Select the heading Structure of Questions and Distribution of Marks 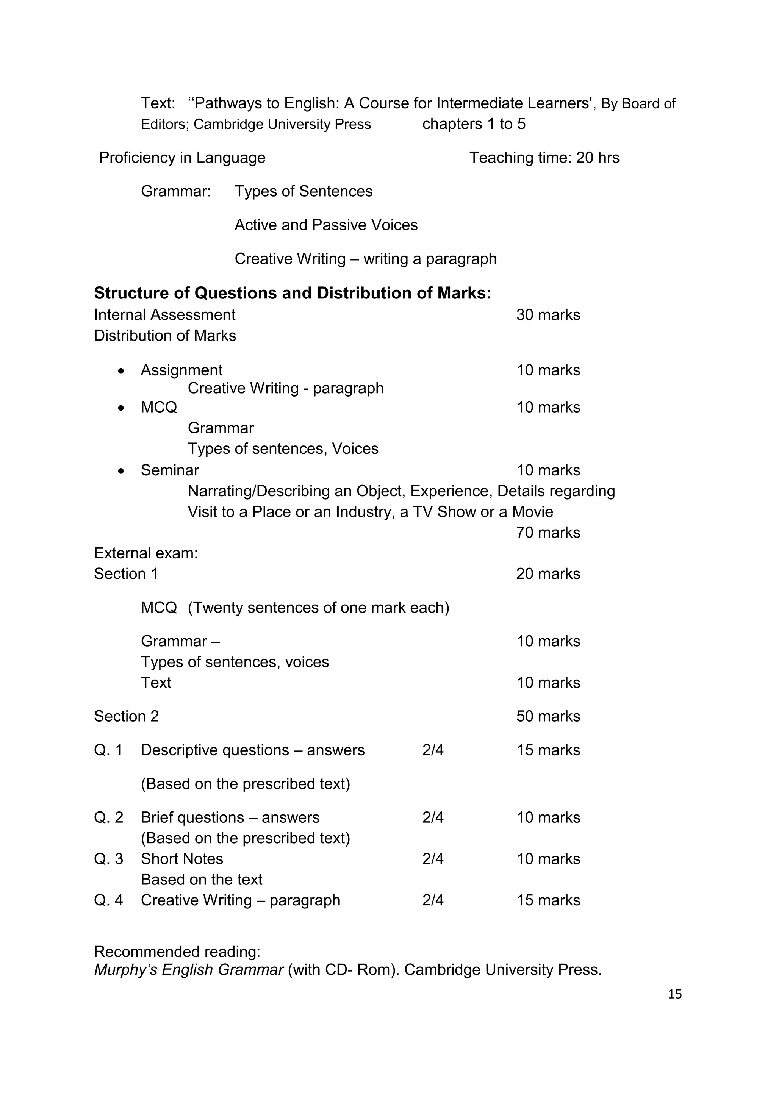293,293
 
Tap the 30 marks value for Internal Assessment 548,315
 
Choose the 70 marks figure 548,532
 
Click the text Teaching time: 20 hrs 544,158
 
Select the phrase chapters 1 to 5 474,124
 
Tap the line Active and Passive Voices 326,225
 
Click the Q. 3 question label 108,859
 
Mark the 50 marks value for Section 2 548,716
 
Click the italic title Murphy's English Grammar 189,969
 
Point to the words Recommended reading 177,952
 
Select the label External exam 146,553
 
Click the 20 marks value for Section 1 548,574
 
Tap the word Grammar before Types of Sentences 175,192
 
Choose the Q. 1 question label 108,750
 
